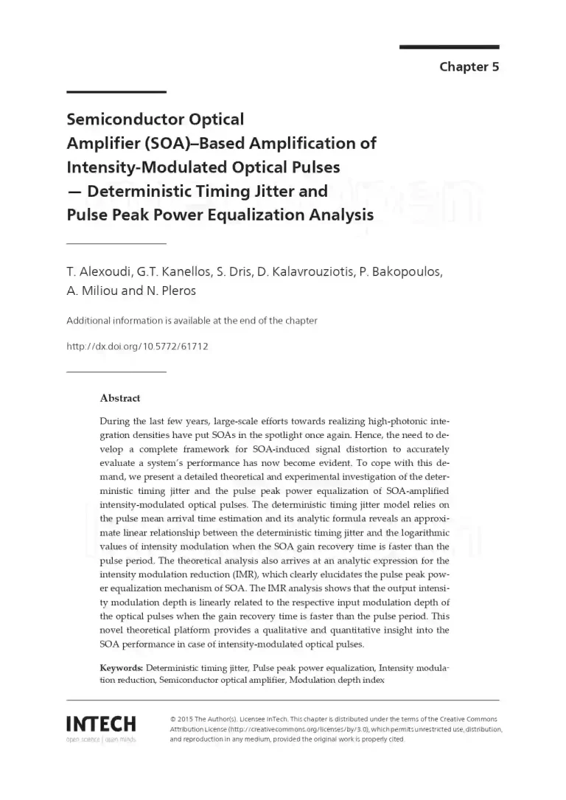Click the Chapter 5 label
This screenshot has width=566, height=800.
469,67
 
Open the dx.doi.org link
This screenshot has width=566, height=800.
137,346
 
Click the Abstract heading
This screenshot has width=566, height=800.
119,398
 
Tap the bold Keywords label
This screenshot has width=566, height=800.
122,667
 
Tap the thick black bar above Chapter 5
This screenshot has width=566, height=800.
449,47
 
